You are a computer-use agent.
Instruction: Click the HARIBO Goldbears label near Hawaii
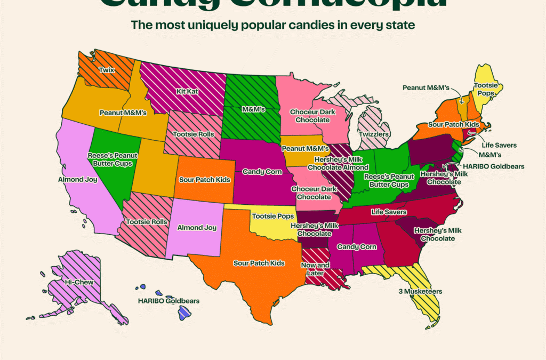168,301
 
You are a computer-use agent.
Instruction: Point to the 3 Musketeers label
420,292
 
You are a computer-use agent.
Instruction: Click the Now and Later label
316,269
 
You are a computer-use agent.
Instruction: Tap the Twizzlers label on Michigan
373,134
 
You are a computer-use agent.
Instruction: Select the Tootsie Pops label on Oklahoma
271,215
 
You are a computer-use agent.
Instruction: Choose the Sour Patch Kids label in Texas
259,263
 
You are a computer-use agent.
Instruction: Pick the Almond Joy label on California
78,180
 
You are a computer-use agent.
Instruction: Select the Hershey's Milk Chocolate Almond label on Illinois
334,164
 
